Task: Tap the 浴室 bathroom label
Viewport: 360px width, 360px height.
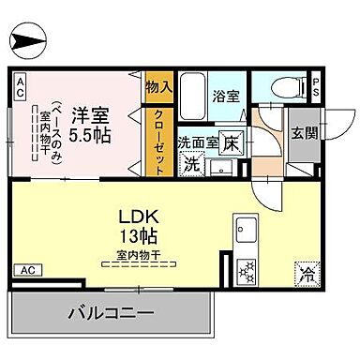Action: [225, 94]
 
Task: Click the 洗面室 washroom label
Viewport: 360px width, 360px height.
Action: [199, 142]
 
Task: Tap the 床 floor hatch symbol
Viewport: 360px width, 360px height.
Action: [231, 142]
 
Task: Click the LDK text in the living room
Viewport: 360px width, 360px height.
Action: [138, 215]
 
